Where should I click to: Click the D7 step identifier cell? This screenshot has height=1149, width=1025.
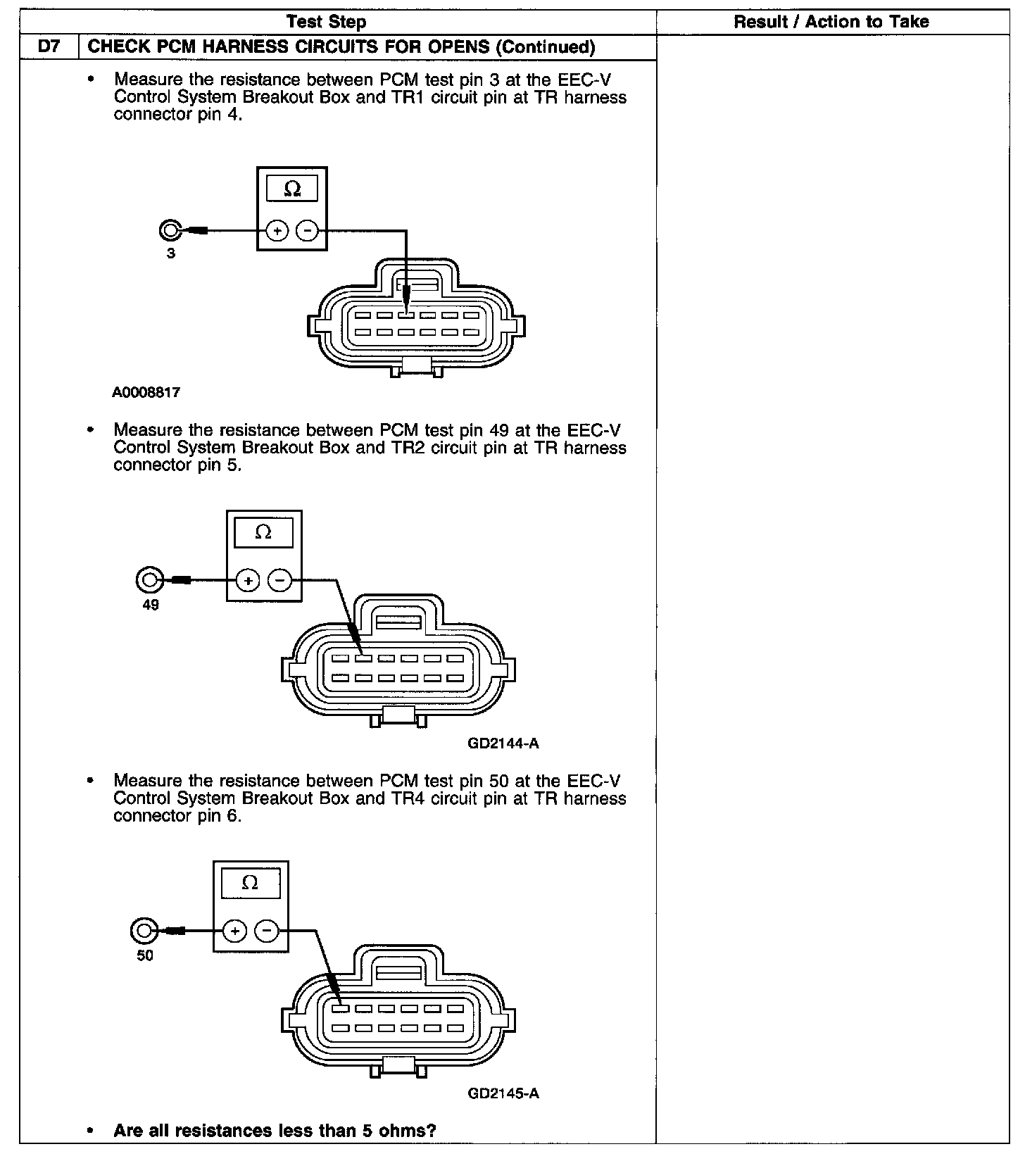(49, 47)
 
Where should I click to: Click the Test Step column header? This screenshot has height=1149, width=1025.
(327, 22)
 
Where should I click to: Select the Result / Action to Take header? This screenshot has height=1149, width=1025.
(831, 22)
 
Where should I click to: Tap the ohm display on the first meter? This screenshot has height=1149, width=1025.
(291, 189)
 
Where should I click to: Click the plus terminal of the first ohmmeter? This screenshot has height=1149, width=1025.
(277, 230)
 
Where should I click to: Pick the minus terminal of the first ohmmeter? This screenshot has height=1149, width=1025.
(307, 230)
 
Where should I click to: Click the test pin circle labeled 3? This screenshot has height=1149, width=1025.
(170, 230)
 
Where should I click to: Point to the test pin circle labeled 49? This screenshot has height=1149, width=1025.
(149, 580)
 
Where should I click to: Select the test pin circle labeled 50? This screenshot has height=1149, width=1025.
(143, 931)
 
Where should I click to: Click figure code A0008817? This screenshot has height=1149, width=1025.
(146, 392)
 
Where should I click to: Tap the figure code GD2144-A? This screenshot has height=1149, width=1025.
(503, 743)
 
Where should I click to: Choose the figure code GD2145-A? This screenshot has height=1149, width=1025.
(503, 1093)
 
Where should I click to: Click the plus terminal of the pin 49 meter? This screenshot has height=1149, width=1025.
(247, 580)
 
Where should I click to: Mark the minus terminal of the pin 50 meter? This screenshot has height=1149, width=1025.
(265, 931)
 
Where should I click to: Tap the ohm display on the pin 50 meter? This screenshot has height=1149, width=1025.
(250, 883)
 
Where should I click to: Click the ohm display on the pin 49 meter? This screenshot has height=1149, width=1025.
(263, 533)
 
